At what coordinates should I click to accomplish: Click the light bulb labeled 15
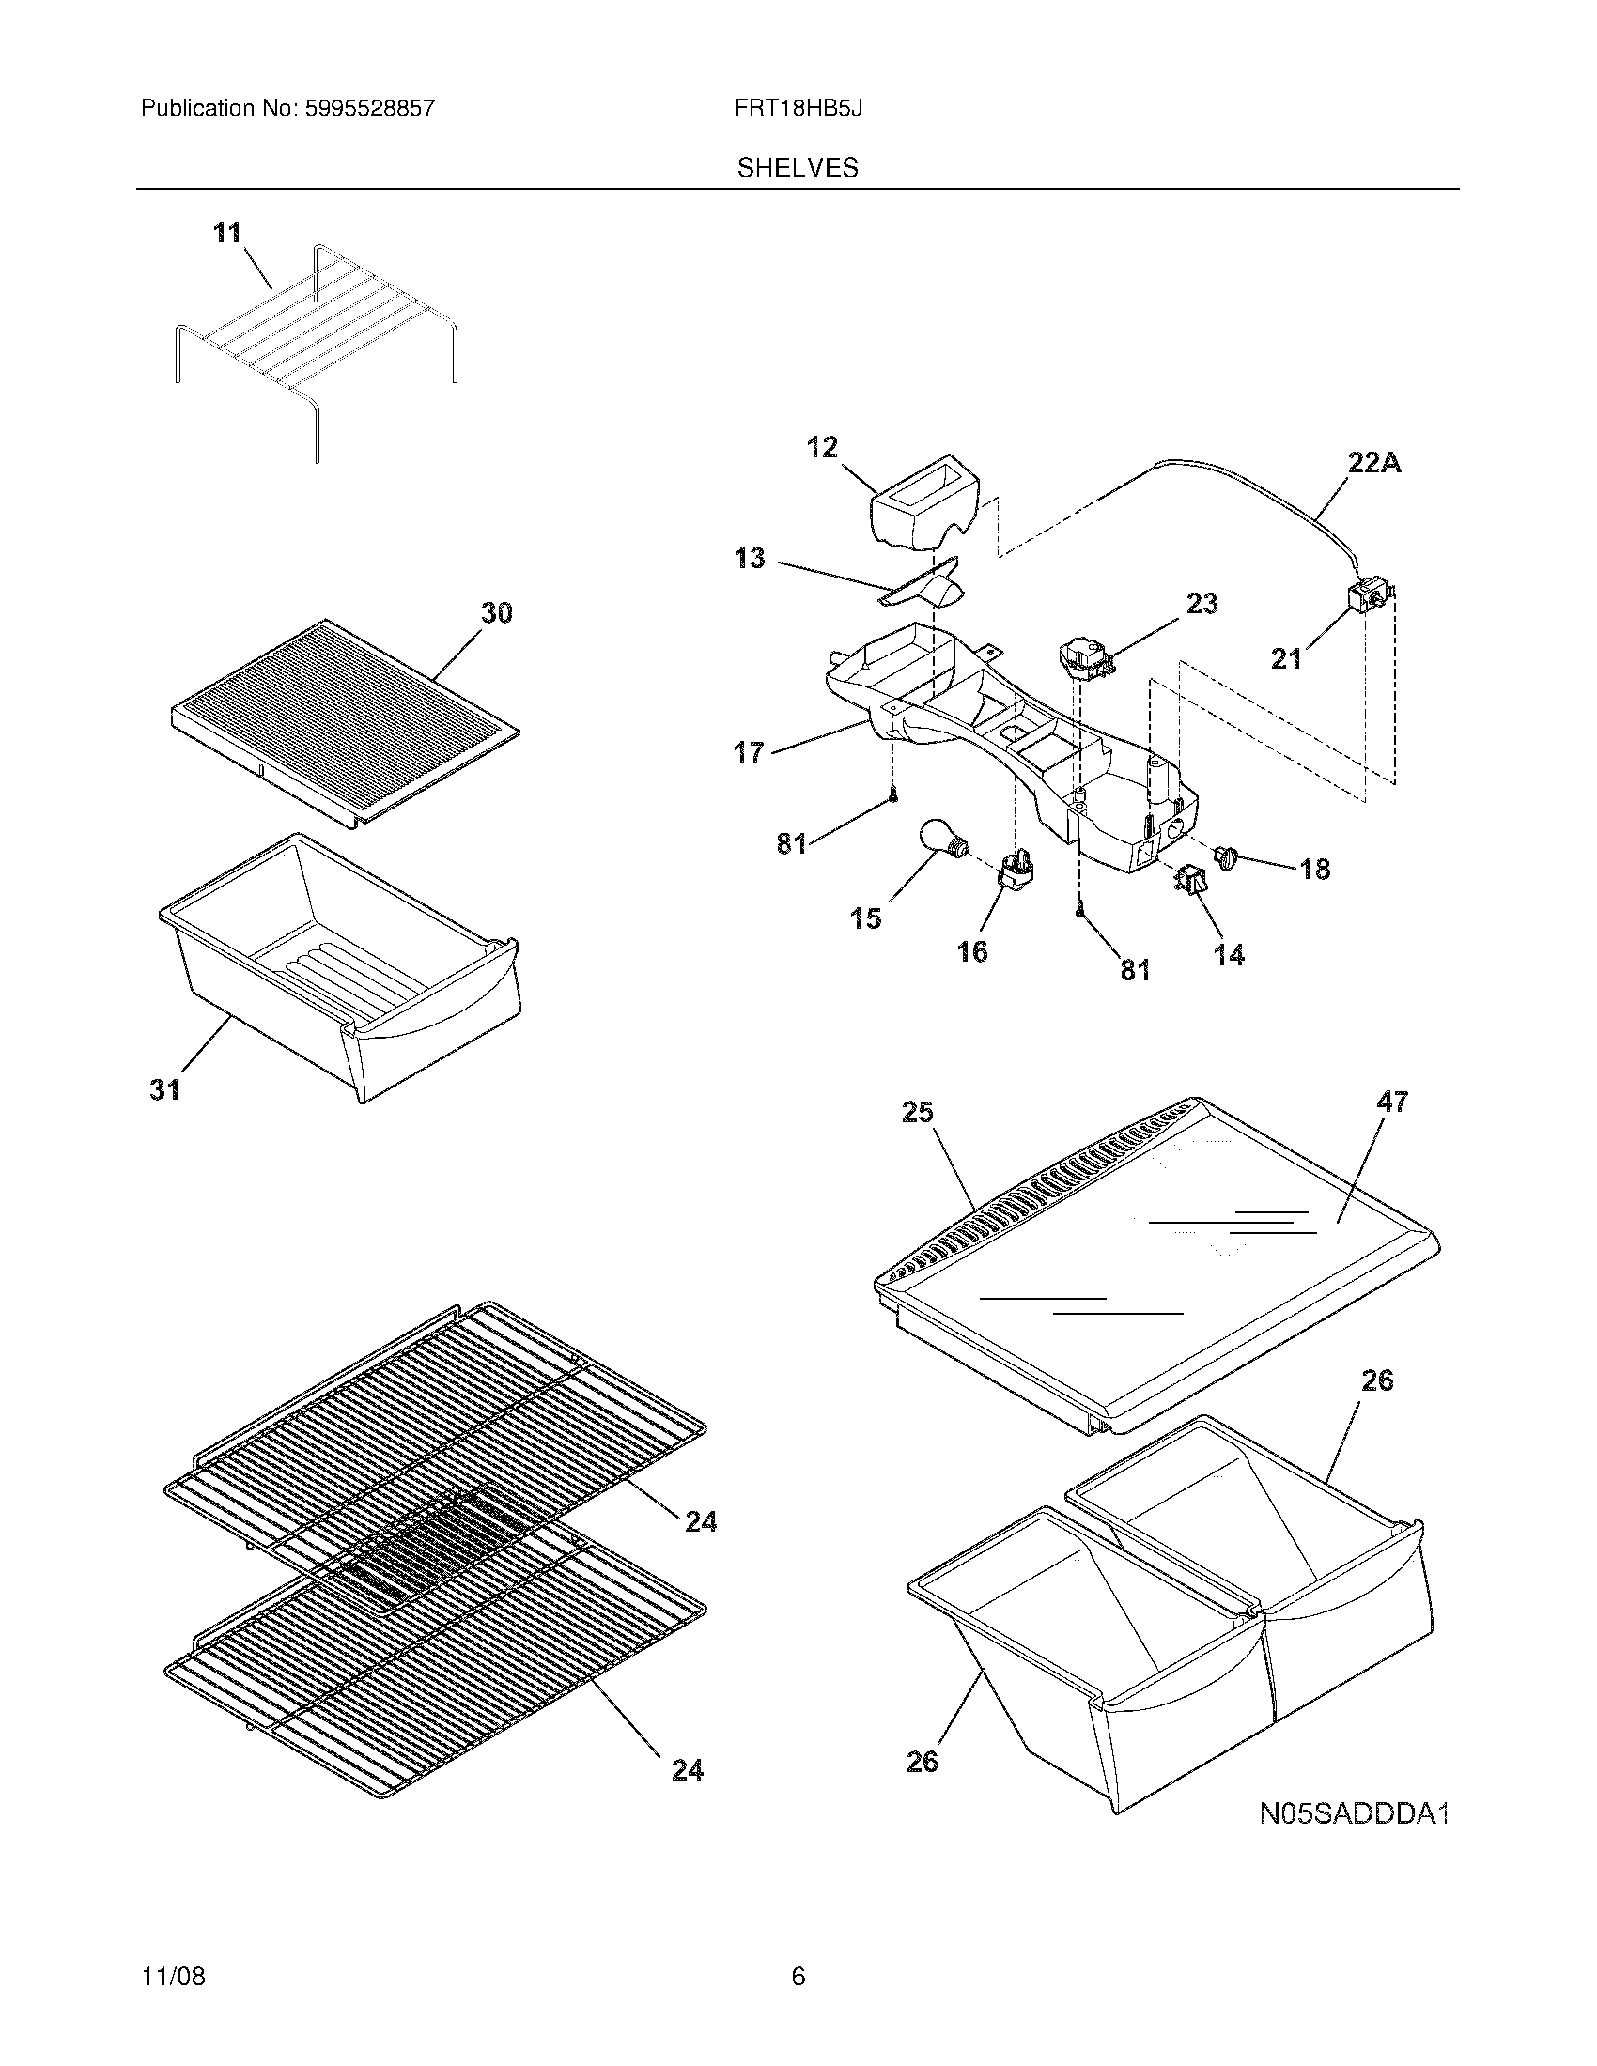coord(941,839)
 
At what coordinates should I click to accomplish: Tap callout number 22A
coord(1373,463)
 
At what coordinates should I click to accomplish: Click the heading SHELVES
coord(798,168)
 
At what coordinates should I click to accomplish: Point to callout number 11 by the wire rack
coord(227,232)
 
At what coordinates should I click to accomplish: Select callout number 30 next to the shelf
coord(497,613)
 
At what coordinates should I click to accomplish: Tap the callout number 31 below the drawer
coord(164,1089)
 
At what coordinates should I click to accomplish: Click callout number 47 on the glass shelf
coord(1392,1102)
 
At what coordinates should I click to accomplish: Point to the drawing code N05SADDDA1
coord(1354,1814)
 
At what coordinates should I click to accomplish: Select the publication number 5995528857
coord(370,109)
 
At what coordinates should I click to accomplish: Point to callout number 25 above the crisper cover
coord(917,1113)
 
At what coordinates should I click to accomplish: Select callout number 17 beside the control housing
coord(749,752)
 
